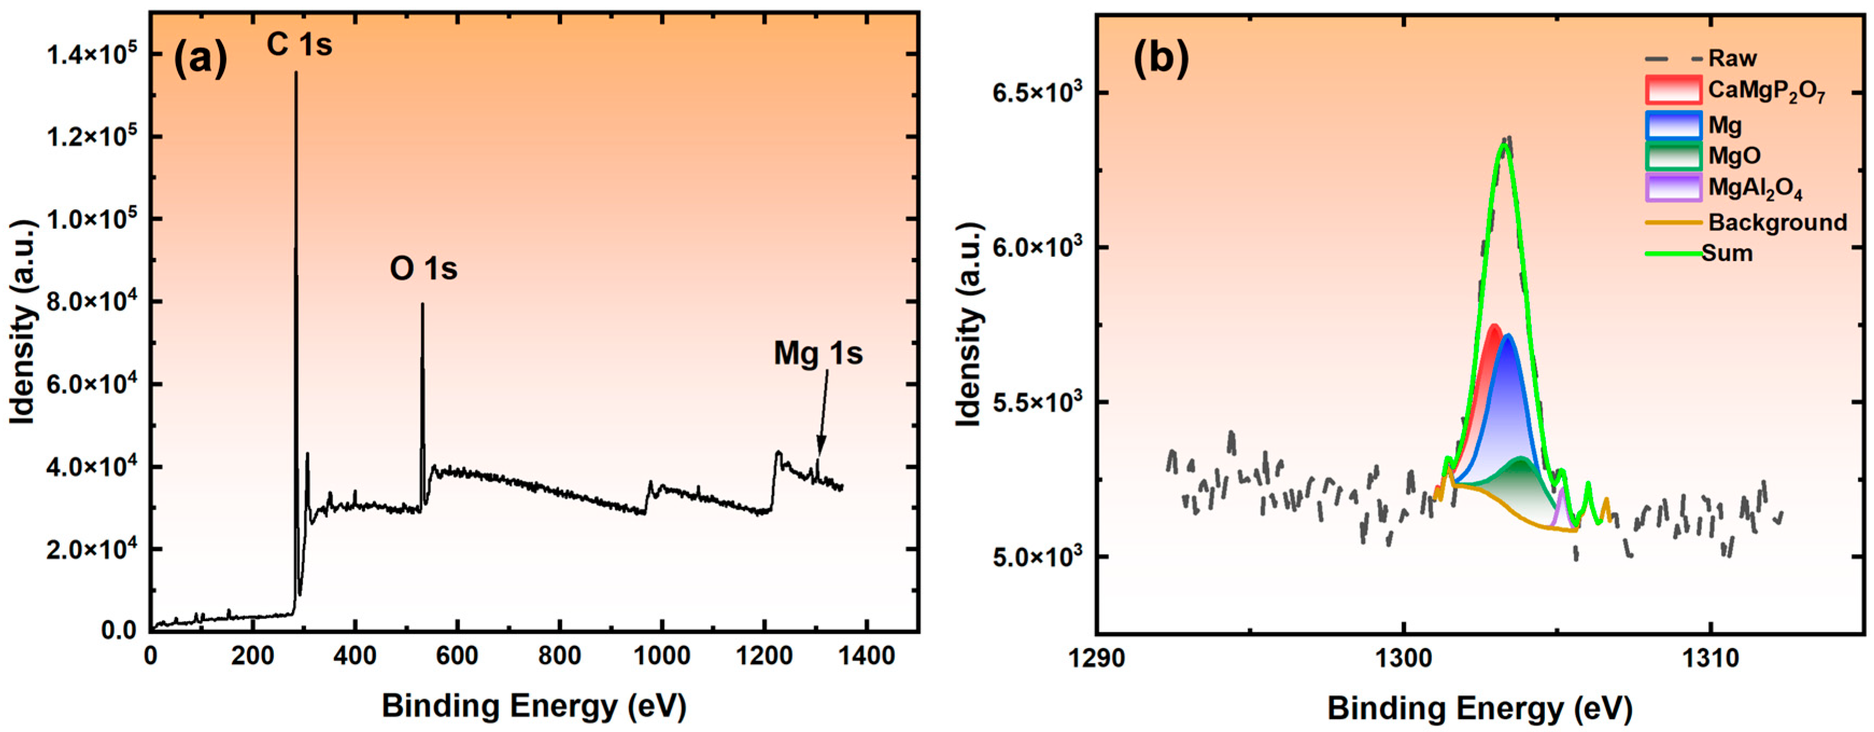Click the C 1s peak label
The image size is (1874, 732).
pyautogui.click(x=299, y=45)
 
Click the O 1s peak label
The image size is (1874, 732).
pyautogui.click(x=423, y=269)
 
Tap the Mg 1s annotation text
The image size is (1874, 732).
pyautogui.click(x=818, y=354)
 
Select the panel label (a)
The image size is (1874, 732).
pyautogui.click(x=200, y=58)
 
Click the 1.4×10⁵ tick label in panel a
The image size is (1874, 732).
pyautogui.click(x=91, y=54)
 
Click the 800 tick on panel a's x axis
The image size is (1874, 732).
pyautogui.click(x=559, y=656)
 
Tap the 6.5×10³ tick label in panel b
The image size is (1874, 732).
pyautogui.click(x=1037, y=93)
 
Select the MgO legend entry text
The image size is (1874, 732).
pyautogui.click(x=1734, y=156)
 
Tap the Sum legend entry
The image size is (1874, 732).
pyautogui.click(x=1727, y=253)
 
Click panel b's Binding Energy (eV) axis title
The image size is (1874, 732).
pyautogui.click(x=1480, y=708)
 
